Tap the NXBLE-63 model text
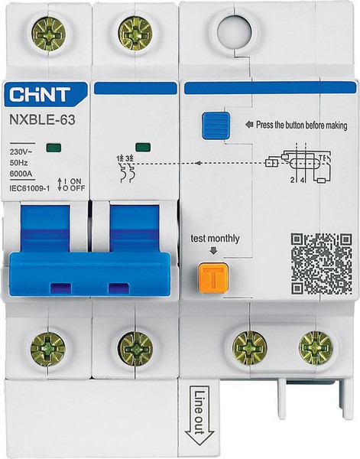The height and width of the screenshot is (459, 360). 43,120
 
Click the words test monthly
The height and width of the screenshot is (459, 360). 215,239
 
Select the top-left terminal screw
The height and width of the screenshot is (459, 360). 48,34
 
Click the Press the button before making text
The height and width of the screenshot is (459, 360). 300,125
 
